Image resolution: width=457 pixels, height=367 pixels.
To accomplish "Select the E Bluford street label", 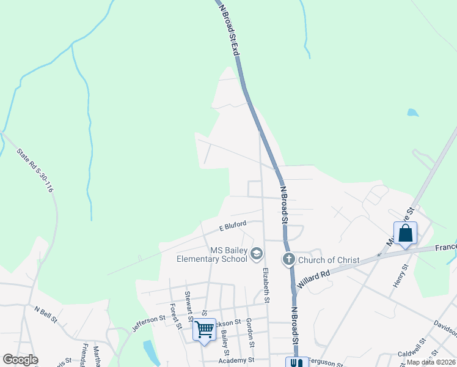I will pos(233,226).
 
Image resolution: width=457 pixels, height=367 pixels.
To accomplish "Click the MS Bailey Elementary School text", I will pos(211,254).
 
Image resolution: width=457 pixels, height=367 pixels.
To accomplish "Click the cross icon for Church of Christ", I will pos(289,259).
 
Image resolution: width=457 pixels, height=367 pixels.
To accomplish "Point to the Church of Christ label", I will pos(329,260).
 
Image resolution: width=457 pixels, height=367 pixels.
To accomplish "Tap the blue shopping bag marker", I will pos(405,234).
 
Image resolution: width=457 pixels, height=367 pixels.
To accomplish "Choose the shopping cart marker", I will pos(204,330).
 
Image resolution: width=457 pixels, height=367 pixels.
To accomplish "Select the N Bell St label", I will pos(46,315).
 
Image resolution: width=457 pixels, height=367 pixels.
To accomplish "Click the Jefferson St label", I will pos(148,322).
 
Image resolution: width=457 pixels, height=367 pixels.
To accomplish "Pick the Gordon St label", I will pos(250,331).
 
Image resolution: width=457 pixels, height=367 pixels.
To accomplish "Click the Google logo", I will pos(20,360).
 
